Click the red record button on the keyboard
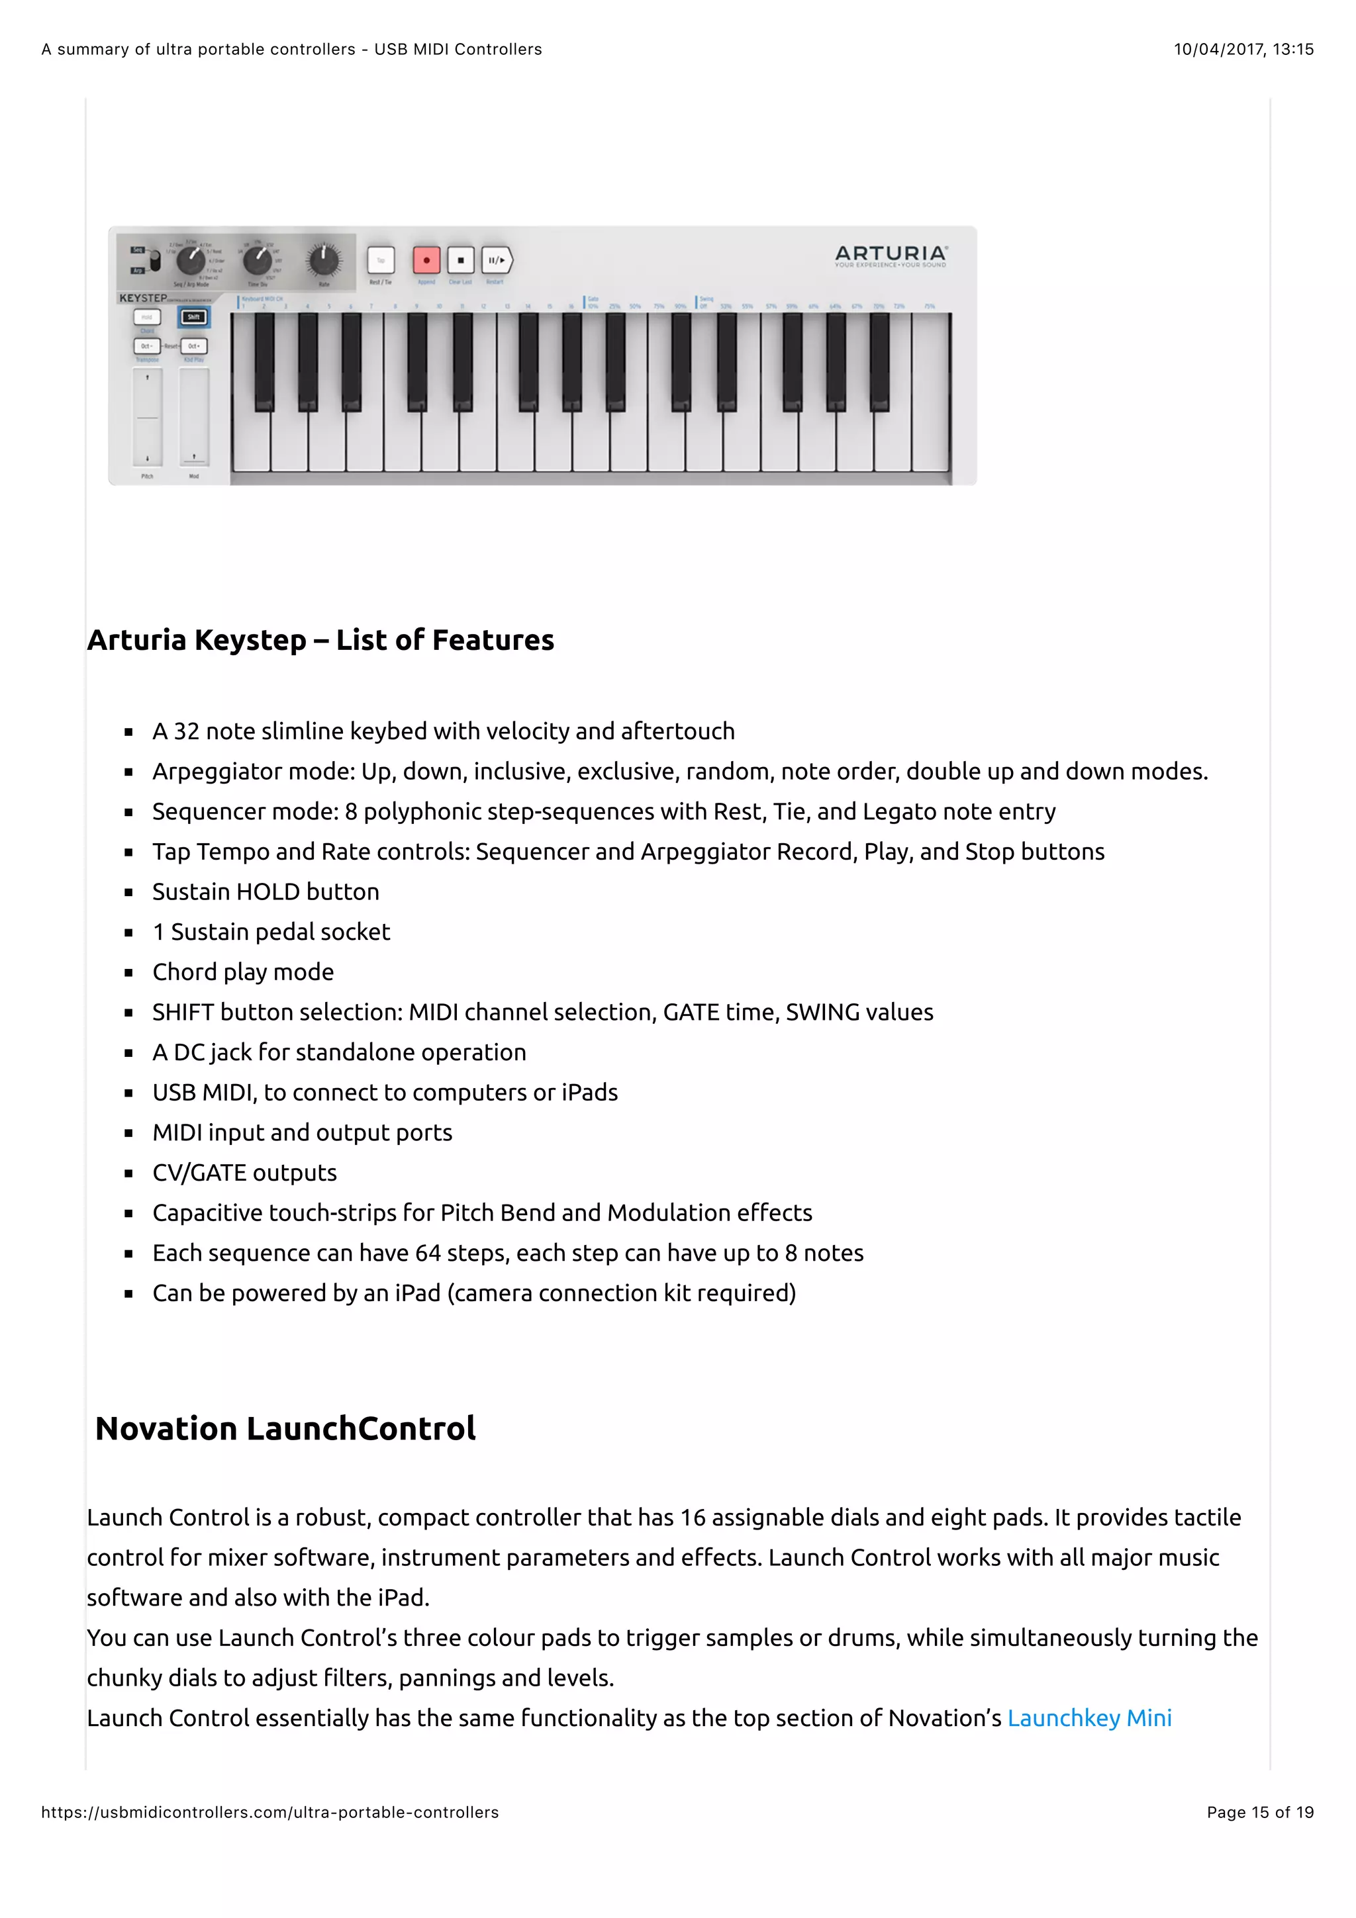(x=426, y=261)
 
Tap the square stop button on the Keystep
(x=460, y=261)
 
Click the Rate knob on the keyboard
(x=323, y=261)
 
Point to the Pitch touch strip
(x=148, y=417)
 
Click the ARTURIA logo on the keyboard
(x=890, y=253)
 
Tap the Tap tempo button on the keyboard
(x=381, y=261)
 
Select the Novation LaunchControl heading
(x=285, y=1428)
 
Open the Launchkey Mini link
(x=1089, y=1718)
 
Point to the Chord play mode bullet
(x=243, y=972)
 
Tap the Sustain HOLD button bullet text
(x=266, y=892)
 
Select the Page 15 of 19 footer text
(x=1259, y=1812)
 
